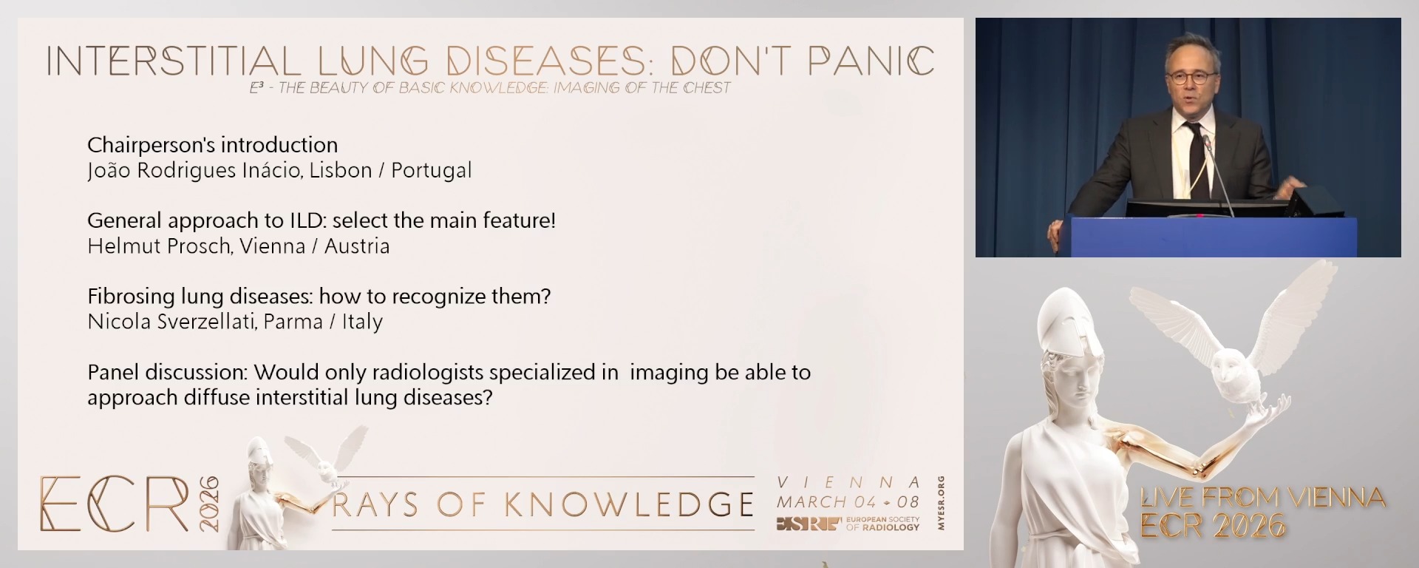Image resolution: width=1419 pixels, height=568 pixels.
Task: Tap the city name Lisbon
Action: (341, 170)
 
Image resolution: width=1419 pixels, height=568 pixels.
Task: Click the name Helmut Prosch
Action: (158, 246)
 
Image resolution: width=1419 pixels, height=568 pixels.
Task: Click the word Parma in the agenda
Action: (293, 322)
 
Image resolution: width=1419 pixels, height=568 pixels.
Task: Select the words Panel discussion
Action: (167, 372)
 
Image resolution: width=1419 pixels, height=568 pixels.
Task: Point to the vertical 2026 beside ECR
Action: (209, 504)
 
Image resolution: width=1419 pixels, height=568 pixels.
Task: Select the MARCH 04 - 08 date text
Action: (848, 502)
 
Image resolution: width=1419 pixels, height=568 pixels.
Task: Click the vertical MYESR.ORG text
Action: (940, 503)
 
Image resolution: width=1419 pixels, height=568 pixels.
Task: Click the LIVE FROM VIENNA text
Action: (1262, 498)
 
